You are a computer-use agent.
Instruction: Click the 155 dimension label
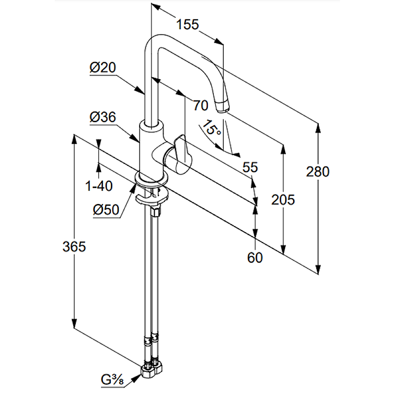[188, 24]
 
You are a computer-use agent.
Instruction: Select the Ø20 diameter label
[102, 68]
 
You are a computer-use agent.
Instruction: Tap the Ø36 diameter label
[102, 117]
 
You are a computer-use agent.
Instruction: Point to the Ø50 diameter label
[106, 210]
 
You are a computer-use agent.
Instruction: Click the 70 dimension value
[200, 105]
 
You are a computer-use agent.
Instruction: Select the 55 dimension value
[250, 167]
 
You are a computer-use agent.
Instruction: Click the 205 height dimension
[283, 199]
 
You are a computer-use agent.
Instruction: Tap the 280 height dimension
[318, 172]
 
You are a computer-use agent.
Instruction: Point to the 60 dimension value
[255, 257]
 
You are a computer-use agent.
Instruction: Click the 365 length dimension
[74, 246]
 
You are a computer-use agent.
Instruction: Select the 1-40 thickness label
[99, 186]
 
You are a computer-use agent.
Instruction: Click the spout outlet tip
[223, 105]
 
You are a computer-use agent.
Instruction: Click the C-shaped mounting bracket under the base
[149, 198]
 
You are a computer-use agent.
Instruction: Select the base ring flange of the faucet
[150, 180]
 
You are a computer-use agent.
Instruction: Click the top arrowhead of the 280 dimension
[318, 127]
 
